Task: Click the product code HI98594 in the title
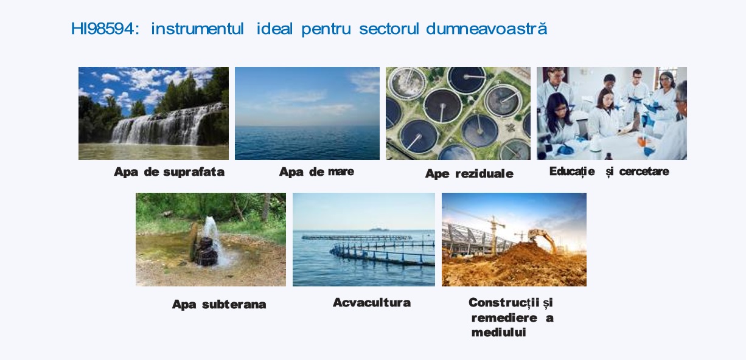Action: [x=103, y=29]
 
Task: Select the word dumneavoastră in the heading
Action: [x=487, y=28]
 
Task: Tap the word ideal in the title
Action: [x=275, y=29]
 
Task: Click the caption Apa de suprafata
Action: [x=169, y=172]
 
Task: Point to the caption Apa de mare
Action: [x=317, y=171]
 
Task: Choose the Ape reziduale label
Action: [x=469, y=174]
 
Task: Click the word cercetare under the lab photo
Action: [x=644, y=171]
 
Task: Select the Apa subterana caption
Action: [x=219, y=304]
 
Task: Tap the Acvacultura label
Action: [x=372, y=302]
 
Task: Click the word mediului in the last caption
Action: [x=498, y=333]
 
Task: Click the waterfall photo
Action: [x=153, y=113]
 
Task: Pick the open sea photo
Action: [x=307, y=113]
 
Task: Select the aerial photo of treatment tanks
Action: [x=458, y=113]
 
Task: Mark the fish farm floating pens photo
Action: [x=364, y=240]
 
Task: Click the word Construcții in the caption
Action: [x=504, y=302]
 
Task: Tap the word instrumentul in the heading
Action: [x=198, y=29]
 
